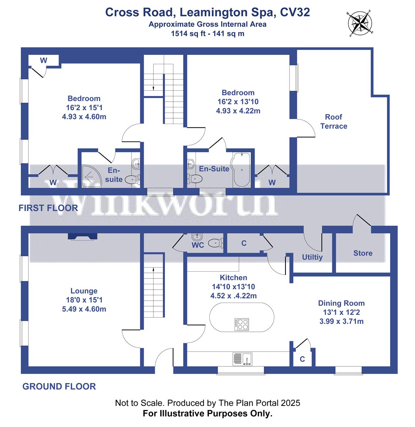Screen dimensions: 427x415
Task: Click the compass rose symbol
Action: coord(360,23)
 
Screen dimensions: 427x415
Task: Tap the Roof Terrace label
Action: coord(334,122)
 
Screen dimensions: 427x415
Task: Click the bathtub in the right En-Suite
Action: coord(242,170)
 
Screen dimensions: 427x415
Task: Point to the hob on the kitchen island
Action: coord(242,324)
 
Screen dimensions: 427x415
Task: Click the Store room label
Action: coord(362,253)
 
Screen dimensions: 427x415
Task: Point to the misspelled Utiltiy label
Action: coord(312,257)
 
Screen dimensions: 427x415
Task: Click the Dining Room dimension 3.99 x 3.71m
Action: coord(341,321)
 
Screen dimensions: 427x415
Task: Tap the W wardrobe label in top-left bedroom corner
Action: coord(44,61)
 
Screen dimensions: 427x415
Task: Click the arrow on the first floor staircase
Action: coord(153,88)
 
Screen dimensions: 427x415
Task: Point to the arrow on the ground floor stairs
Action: coord(153,269)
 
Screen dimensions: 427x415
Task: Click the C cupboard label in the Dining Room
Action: coord(302,359)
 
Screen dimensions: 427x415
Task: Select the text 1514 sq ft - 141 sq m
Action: coord(208,34)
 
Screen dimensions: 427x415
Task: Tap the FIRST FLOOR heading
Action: coord(48,208)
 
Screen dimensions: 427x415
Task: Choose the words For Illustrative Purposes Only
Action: coord(207,414)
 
